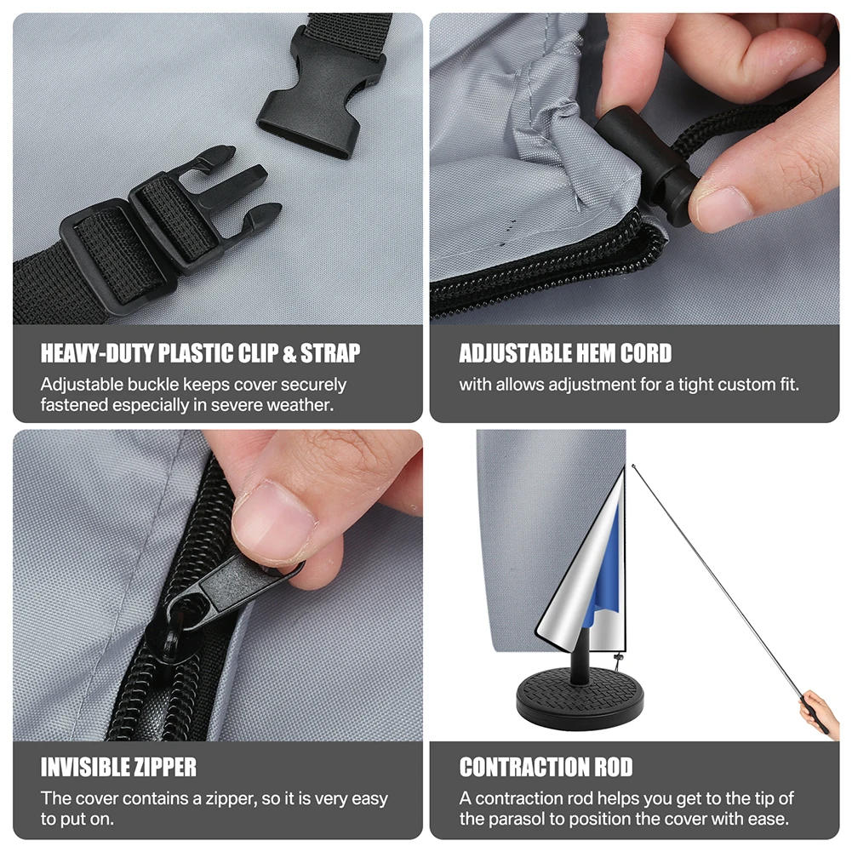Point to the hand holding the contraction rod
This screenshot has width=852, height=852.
821,712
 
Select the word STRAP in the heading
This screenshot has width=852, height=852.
330,353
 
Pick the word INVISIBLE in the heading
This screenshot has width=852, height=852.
83,767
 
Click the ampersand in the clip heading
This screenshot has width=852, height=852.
289,354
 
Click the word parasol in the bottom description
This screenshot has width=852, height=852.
516,819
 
